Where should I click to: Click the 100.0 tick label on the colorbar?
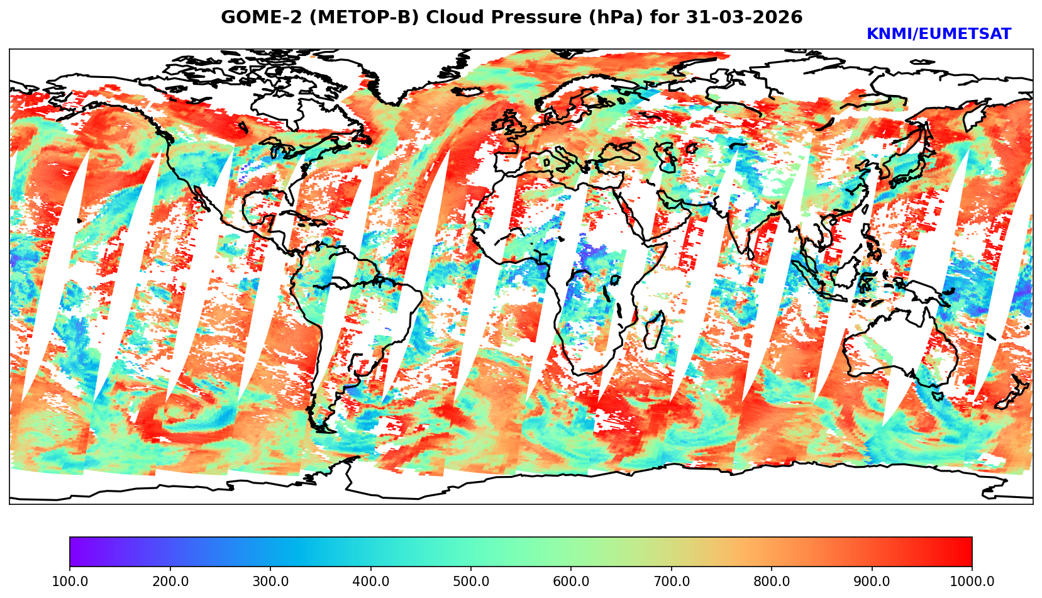coord(69,582)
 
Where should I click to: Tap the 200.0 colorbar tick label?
coord(170,582)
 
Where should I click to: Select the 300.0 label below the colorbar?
coord(270,582)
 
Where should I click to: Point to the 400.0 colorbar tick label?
coord(370,582)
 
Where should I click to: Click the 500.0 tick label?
coord(470,582)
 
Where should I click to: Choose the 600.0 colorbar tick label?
coord(571,582)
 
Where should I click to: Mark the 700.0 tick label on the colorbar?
coord(671,582)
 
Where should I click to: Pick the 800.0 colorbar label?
coord(772,582)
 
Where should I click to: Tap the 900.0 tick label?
coord(872,582)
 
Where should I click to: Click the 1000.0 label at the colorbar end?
coord(972,582)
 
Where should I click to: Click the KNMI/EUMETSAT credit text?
coord(938,35)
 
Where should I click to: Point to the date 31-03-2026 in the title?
coord(744,18)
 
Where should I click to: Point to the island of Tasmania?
coord(937,396)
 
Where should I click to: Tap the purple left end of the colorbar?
coord(74,552)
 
